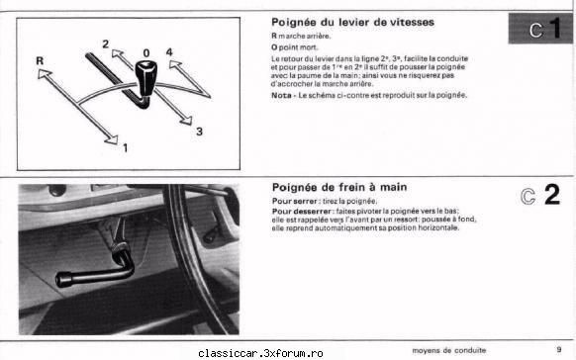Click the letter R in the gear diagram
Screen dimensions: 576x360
[x=40, y=60]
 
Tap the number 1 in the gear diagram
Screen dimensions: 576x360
[x=126, y=147]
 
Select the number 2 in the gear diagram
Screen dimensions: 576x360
[x=106, y=45]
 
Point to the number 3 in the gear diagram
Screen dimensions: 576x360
[x=199, y=131]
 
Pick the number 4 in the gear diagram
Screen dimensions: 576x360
[x=169, y=52]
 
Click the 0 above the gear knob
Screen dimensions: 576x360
[x=146, y=53]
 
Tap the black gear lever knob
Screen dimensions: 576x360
[x=145, y=76]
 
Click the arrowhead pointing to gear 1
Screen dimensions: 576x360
[x=112, y=139]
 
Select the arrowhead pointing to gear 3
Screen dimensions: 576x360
[x=186, y=121]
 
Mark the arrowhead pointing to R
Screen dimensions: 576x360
[x=44, y=74]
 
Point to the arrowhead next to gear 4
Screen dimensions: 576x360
[x=175, y=65]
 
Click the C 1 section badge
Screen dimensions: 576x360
[x=541, y=29]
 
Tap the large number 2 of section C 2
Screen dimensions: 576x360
[x=552, y=195]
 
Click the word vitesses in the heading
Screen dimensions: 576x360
[x=412, y=22]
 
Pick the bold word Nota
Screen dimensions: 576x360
[x=281, y=95]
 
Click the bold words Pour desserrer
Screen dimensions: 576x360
[x=302, y=212]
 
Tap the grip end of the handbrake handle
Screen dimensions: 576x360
[x=64, y=279]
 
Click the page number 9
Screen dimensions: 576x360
[x=559, y=349]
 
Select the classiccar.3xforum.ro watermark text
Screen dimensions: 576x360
[x=260, y=353]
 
